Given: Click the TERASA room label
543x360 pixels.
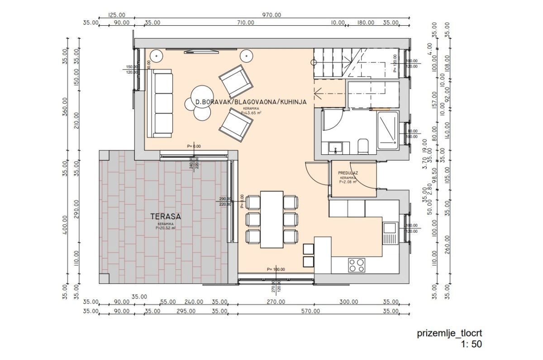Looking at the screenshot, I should pos(166,216).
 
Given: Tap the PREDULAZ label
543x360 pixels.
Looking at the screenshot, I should pos(348,173).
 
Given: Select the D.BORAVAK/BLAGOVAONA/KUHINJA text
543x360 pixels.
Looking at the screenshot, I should pos(248,103).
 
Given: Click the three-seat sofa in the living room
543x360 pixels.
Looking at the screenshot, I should pos(162,103).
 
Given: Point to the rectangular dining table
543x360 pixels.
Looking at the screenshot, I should pos(271,219).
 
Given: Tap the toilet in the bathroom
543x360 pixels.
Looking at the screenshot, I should pos(362,146).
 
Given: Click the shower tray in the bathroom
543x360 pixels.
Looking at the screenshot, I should pos(387,130).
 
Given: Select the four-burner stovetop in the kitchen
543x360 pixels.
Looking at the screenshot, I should pos(357,264).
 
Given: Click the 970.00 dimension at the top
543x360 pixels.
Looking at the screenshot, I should pos(271,15).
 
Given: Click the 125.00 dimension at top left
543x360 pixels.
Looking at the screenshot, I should pos(117,15).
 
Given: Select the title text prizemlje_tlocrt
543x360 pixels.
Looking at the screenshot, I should pos(446,334).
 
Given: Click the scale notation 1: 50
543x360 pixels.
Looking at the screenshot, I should pos(471,344).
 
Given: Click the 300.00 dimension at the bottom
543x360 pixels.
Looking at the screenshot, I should pos(348,302).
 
